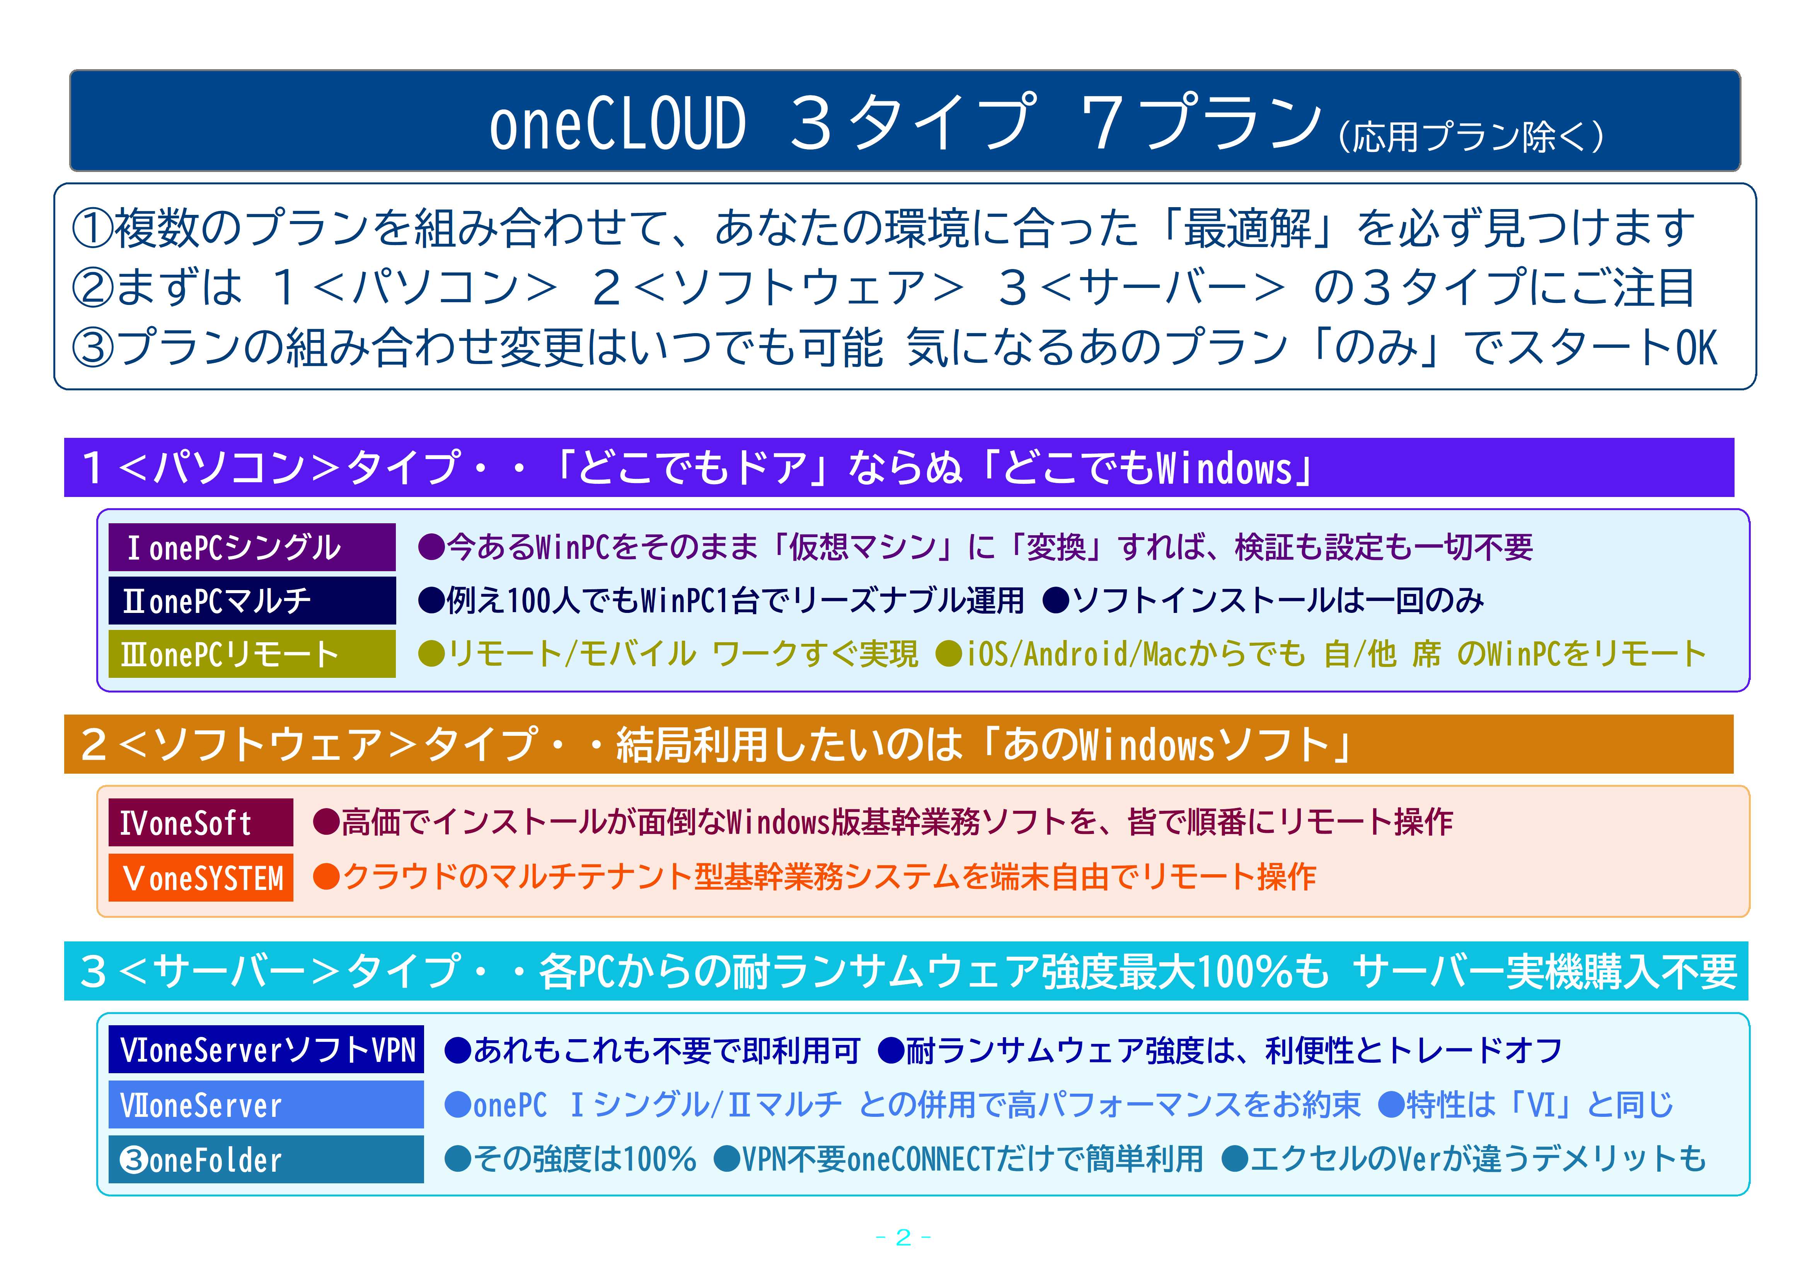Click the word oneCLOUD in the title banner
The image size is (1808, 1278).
617,124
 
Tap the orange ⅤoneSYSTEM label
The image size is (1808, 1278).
201,877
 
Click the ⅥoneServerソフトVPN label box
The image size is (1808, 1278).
266,1049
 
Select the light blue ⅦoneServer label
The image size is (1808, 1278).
266,1104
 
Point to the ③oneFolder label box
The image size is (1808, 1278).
266,1159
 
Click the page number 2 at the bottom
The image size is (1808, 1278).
903,1238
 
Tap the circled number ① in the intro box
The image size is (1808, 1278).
93,228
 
